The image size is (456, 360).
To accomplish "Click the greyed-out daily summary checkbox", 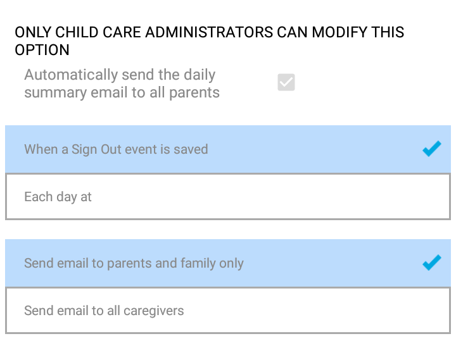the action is click(x=286, y=82).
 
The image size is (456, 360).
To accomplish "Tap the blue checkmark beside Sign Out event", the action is click(x=432, y=149).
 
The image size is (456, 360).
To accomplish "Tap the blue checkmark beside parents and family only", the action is click(x=432, y=263).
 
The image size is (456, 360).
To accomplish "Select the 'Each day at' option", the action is click(x=228, y=196).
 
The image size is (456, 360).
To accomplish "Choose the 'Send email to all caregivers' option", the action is click(x=228, y=310).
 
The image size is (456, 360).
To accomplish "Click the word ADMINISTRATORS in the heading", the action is click(x=209, y=32).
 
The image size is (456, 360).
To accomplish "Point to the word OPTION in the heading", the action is click(x=42, y=50).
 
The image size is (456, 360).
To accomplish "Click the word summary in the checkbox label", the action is click(x=55, y=93).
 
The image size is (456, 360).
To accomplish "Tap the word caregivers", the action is click(x=153, y=311).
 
